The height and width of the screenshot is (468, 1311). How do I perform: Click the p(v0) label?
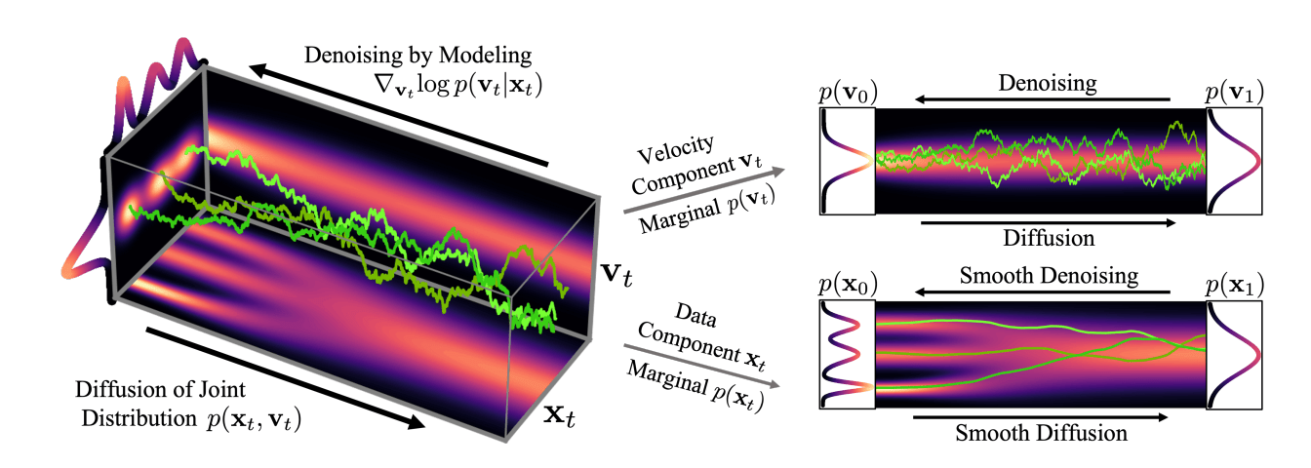(x=848, y=92)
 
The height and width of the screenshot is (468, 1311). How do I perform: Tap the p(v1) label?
(x=1234, y=92)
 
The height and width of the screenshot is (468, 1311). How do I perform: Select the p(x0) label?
(x=848, y=285)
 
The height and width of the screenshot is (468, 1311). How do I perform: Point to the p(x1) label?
(x=1234, y=285)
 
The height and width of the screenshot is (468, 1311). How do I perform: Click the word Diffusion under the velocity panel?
(x=1049, y=238)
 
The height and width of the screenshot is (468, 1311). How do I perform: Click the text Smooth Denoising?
(x=1049, y=276)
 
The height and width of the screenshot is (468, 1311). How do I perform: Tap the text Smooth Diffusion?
(x=1041, y=433)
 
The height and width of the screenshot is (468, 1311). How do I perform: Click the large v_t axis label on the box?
(x=616, y=274)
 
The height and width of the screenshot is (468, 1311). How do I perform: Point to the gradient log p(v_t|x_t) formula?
(x=458, y=86)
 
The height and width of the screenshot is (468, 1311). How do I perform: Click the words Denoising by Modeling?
(x=417, y=55)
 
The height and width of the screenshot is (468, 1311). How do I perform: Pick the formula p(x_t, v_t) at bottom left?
(x=254, y=419)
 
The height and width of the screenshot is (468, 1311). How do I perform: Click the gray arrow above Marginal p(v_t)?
(x=704, y=190)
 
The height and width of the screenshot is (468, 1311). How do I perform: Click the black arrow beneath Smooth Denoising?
(x=1043, y=292)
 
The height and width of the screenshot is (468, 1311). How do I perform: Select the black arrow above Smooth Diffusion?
(x=1040, y=417)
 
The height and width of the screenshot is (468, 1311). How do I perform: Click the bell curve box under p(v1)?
(x=1234, y=161)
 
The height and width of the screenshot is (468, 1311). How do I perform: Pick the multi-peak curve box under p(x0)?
(x=848, y=355)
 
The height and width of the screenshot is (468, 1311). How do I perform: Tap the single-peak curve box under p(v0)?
(x=848, y=161)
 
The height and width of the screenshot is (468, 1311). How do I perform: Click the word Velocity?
(x=676, y=148)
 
